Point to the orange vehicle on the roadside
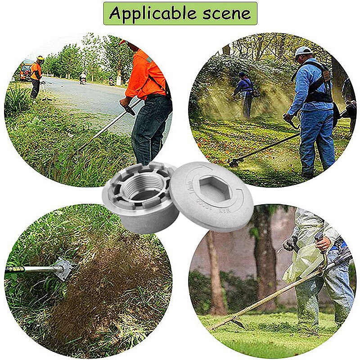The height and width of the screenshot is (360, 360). click(25, 72)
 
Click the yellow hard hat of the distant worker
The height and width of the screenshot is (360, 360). click(40, 58)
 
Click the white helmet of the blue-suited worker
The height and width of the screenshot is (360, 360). click(303, 51)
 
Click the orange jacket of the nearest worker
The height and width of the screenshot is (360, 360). click(145, 74)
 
